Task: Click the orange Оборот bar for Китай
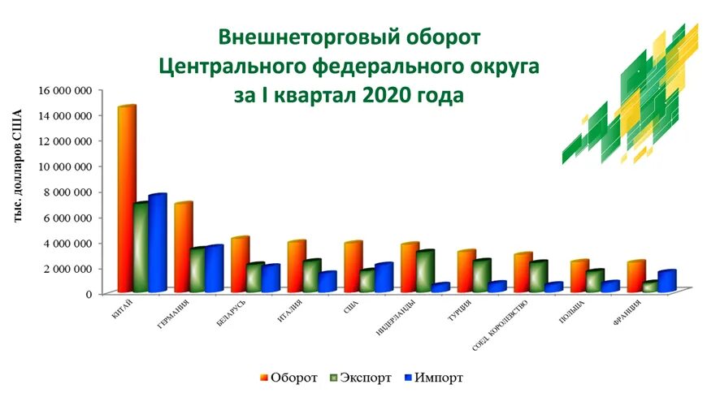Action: [126, 199]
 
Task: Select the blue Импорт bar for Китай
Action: [157, 243]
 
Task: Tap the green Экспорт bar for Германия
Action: [197, 270]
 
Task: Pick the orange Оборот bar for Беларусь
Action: [238, 265]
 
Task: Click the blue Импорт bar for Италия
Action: [327, 281]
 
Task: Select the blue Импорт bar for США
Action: [384, 277]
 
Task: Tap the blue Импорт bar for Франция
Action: [666, 280]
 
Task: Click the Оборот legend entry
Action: [288, 378]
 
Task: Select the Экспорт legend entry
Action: [359, 378]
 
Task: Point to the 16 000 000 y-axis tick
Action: [63, 90]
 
